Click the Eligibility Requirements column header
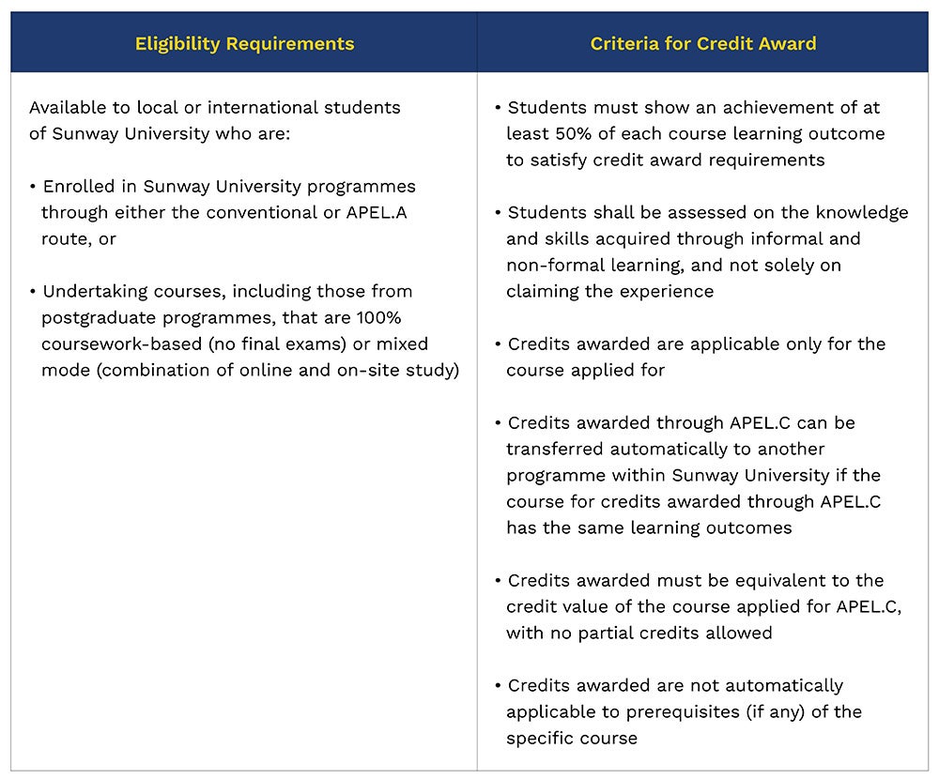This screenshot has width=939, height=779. click(244, 43)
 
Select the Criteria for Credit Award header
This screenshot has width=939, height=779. click(703, 43)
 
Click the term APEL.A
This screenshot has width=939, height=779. click(374, 212)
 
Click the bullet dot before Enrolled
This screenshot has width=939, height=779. click(34, 187)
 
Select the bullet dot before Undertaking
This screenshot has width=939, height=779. click(34, 292)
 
